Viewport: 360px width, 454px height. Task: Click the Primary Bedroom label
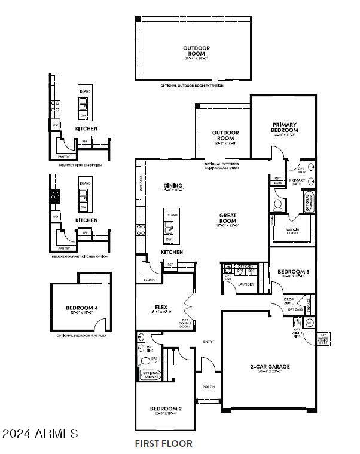click(x=285, y=127)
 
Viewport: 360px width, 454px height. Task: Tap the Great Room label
click(x=228, y=218)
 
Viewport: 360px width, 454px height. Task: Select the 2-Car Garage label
click(x=270, y=366)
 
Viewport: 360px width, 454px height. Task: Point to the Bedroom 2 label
click(x=165, y=409)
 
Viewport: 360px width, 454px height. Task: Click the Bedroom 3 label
click(x=293, y=272)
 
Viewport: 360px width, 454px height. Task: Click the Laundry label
click(x=246, y=284)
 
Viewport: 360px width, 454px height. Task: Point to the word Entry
click(x=209, y=342)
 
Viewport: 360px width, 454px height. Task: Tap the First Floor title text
click(x=163, y=444)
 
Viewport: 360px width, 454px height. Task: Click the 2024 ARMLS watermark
click(x=39, y=432)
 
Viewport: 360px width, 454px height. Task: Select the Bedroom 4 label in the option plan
click(x=81, y=309)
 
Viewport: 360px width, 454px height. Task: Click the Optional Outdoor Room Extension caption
click(x=192, y=86)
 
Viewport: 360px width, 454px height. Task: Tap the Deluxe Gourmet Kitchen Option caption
click(x=80, y=256)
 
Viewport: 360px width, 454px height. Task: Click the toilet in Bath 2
click(x=142, y=361)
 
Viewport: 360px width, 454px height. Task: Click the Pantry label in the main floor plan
click(x=149, y=280)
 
